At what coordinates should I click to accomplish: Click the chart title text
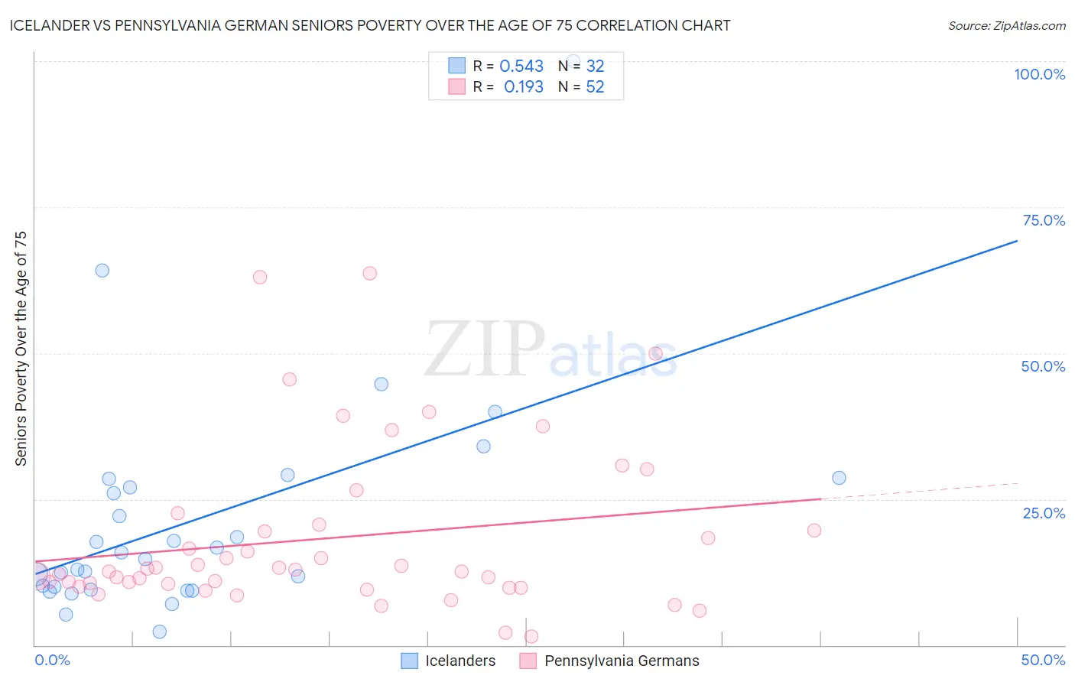coord(369,25)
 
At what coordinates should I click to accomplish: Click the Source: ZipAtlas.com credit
coord(1006,26)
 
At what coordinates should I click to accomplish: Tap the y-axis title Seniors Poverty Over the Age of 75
coord(21,349)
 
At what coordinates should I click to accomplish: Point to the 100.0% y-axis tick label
coord(1039,74)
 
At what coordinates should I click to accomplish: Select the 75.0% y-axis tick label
coord(1044,220)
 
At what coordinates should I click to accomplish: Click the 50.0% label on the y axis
coord(1043,366)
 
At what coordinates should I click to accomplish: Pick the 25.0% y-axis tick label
coord(1044,512)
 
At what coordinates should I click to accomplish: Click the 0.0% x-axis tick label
coord(52,660)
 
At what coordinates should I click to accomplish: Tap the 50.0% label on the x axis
coord(1043,660)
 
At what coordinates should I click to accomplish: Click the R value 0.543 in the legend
coord(521,67)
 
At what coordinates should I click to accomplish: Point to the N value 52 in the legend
coord(595,87)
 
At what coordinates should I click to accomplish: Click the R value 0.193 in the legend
coord(523,87)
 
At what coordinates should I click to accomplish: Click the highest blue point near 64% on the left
coord(102,271)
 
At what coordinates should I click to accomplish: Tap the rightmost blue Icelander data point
coord(839,478)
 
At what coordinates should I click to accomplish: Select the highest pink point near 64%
coord(369,273)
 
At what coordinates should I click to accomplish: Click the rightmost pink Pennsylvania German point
coord(814,531)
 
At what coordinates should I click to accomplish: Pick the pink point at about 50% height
coord(655,353)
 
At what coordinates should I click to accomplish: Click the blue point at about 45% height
coord(381,384)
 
